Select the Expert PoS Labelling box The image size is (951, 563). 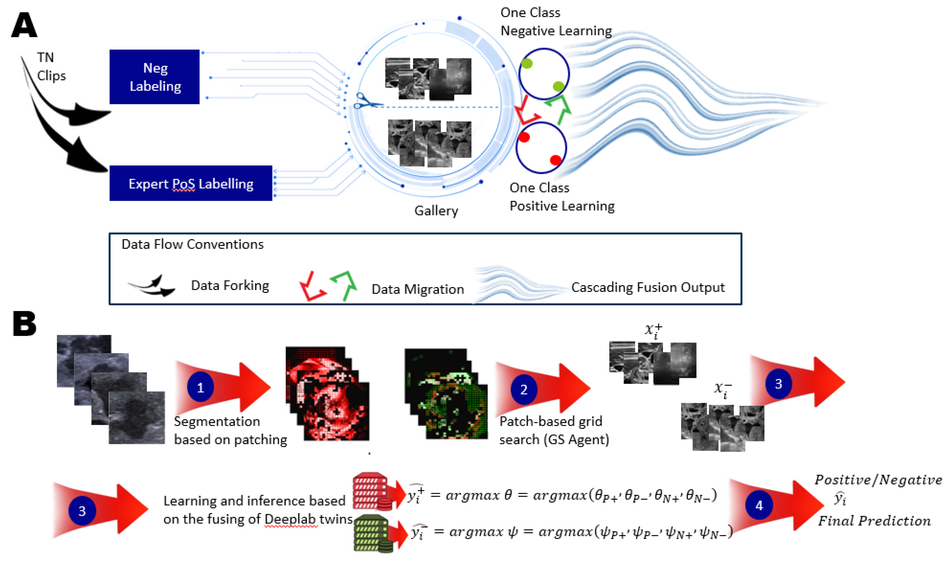[x=191, y=183]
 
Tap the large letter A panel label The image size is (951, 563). [x=24, y=25]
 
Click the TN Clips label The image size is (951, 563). [x=51, y=67]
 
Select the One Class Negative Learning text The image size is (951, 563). [x=556, y=22]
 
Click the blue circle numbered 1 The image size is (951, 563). [x=200, y=387]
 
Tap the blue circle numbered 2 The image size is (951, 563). [x=524, y=389]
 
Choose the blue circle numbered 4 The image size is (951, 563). [x=759, y=505]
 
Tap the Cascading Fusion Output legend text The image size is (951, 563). [x=648, y=287]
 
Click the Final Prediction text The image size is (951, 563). [x=874, y=520]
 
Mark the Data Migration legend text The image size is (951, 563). [x=417, y=289]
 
